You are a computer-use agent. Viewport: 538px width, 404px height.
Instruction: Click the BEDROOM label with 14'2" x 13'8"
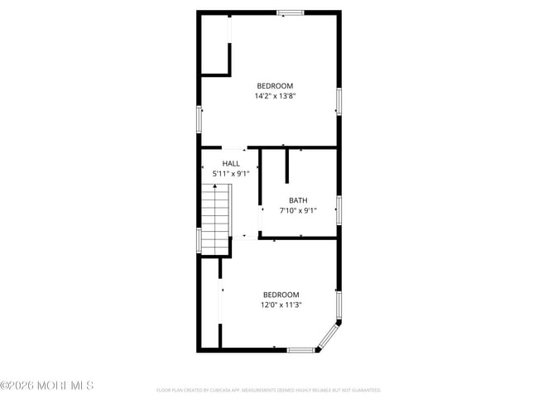click(275, 86)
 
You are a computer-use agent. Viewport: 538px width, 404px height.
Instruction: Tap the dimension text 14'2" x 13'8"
click(275, 96)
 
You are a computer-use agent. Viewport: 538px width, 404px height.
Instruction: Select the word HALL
click(231, 164)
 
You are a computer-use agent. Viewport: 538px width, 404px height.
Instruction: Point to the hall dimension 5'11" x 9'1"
click(231, 174)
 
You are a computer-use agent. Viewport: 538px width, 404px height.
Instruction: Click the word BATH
click(298, 200)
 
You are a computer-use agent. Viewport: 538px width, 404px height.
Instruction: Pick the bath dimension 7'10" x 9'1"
click(298, 210)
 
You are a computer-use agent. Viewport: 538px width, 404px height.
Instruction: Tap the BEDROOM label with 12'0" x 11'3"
click(281, 295)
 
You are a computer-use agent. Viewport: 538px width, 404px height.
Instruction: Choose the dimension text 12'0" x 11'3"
click(281, 305)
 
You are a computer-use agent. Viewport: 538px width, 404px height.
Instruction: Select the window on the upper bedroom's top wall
click(291, 12)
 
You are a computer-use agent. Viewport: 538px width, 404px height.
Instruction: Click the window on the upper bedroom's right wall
click(339, 101)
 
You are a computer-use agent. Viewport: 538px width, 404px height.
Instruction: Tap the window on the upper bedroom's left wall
click(198, 119)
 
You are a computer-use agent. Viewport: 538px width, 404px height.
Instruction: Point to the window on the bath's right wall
click(339, 210)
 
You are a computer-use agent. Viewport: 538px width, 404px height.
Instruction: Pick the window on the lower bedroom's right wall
click(339, 302)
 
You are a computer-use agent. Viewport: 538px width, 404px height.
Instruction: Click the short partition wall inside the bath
click(286, 165)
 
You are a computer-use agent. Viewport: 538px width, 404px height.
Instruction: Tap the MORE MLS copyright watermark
click(47, 386)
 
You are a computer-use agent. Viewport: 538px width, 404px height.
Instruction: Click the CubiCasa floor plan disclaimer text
click(269, 389)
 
